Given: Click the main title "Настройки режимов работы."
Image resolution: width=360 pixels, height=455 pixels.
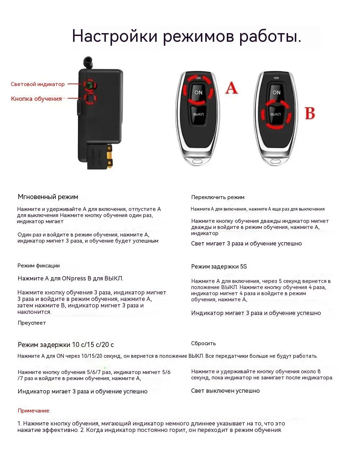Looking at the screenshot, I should [186, 36].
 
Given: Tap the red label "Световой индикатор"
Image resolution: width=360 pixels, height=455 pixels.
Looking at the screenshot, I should [38, 84].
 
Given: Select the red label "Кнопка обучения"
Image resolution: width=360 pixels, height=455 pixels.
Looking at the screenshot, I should [36, 99].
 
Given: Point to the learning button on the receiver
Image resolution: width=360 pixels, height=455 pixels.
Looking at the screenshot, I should [90, 98].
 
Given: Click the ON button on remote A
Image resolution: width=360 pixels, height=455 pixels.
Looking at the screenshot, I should [198, 92].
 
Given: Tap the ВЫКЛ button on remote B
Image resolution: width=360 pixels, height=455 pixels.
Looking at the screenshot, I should [275, 114].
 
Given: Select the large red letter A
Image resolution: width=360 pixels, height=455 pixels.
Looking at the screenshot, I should [231, 88].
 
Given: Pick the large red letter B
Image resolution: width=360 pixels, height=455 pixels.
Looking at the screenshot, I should [310, 113].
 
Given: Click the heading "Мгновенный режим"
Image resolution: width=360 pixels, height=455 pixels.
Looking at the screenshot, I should [48, 197].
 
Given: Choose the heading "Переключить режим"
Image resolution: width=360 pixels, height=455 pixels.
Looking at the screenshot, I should [218, 197].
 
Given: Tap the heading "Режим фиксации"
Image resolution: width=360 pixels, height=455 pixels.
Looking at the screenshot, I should [39, 266].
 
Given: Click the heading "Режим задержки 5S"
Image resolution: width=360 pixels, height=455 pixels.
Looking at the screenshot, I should [219, 267].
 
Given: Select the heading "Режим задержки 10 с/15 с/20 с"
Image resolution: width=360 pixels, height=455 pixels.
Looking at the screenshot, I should [66, 345].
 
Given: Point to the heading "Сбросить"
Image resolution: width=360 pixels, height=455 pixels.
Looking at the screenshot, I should [203, 343].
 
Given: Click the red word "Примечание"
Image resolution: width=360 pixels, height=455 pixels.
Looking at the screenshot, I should [34, 411].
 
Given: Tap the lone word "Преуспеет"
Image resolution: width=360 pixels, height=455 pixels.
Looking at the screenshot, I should [32, 323].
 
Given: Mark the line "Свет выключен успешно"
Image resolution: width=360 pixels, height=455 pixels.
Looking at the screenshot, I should [225, 391].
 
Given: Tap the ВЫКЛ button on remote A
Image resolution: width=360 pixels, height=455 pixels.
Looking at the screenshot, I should [198, 114].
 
